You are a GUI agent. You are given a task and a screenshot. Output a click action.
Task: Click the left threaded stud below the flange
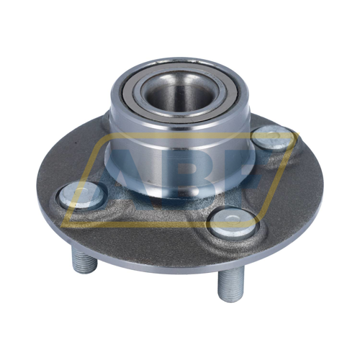[84, 260]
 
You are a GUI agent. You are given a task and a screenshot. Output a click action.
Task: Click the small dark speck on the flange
[76, 143]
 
